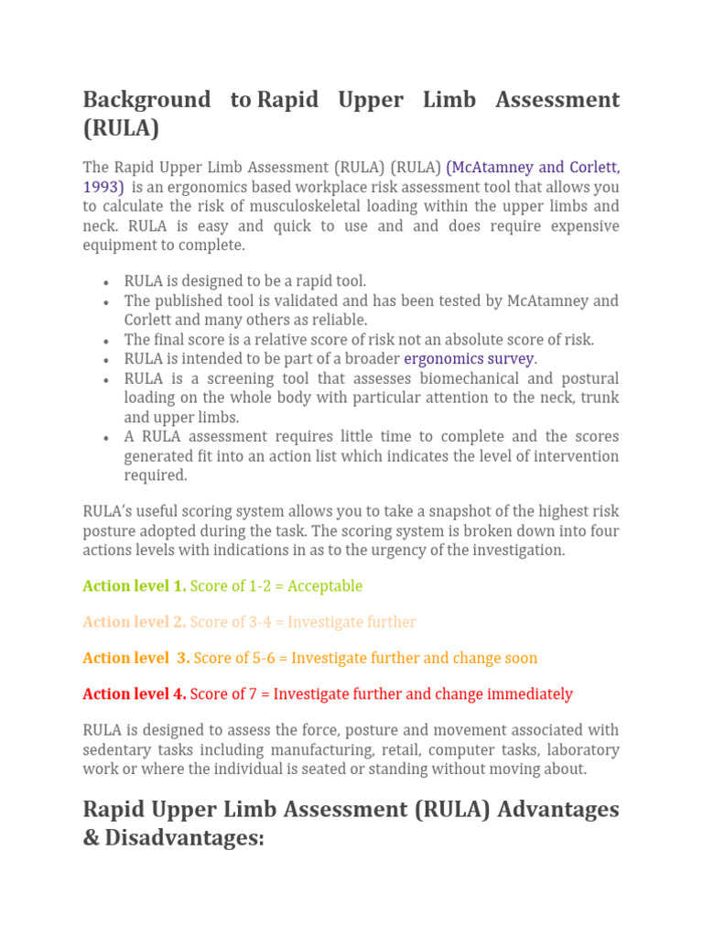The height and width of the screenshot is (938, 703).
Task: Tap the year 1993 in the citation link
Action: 103,187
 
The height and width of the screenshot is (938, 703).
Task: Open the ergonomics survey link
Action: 470,359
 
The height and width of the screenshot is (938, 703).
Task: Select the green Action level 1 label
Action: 134,586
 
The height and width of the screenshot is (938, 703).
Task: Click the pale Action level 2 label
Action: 134,622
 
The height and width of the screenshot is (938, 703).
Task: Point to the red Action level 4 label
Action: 134,694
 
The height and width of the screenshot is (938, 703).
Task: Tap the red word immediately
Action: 528,694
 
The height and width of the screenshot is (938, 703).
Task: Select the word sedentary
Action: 114,751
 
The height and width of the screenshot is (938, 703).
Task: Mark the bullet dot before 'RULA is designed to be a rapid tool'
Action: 107,282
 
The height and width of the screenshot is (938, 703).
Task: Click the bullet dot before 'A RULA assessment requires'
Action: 107,438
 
